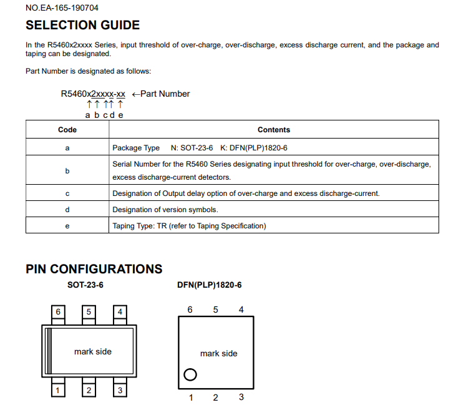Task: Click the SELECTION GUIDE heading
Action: tap(82, 26)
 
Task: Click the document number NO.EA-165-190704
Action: tap(62, 8)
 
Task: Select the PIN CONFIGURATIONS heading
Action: tap(94, 269)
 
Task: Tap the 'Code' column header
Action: tap(67, 130)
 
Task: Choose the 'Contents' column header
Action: tap(273, 130)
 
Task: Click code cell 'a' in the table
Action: tap(67, 148)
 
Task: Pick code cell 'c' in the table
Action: tap(67, 193)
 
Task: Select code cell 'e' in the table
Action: tap(67, 226)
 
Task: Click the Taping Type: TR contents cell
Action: tap(189, 226)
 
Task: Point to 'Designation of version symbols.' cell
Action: tap(165, 210)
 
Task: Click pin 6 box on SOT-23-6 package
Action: tap(58, 311)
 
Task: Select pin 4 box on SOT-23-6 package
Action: tap(120, 311)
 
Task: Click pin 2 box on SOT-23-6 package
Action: tap(89, 390)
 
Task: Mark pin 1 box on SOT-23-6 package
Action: tap(58, 390)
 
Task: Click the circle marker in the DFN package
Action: tap(190, 374)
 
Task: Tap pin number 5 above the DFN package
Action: tap(216, 310)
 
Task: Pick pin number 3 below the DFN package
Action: tap(241, 398)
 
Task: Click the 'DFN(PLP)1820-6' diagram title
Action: tap(210, 285)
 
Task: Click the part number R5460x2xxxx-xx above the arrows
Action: tap(93, 94)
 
